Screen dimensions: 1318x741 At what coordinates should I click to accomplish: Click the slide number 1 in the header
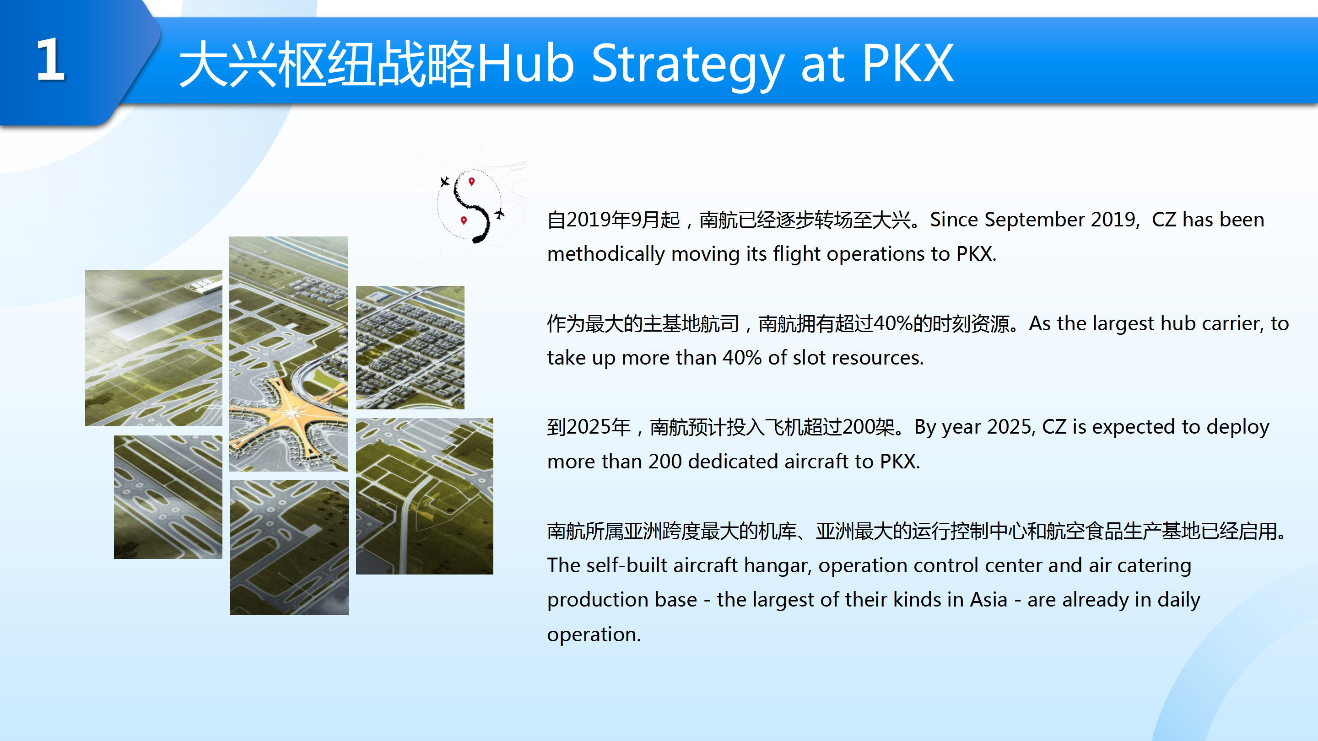50,60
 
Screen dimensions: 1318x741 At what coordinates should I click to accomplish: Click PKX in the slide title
907,62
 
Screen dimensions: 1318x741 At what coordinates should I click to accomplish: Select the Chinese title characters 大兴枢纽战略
328,64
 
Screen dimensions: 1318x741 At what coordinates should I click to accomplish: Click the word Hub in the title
525,62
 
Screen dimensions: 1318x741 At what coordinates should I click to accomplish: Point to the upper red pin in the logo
472,182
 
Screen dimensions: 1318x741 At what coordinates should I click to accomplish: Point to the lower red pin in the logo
464,220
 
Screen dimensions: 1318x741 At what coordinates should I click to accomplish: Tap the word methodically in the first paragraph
606,255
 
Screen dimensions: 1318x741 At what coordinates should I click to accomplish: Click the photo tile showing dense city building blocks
411,347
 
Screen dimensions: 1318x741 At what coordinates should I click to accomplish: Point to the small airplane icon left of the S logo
445,182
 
